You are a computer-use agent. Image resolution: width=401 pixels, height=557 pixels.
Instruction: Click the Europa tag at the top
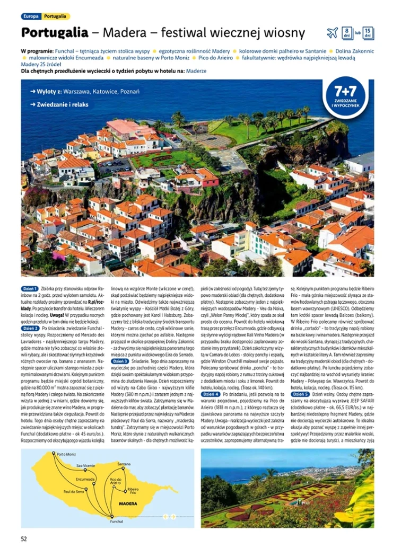30,16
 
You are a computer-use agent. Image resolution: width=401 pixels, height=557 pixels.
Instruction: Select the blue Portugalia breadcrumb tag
55,16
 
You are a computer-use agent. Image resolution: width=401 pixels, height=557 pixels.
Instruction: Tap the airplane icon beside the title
332,33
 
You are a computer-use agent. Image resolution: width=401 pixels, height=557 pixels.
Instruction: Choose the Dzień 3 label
119,361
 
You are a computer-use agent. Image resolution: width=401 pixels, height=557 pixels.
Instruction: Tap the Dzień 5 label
300,394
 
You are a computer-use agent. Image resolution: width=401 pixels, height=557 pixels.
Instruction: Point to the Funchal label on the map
117,521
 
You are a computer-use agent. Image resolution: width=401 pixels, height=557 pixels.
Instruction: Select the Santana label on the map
124,464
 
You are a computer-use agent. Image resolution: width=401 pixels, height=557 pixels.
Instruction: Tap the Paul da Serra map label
74,492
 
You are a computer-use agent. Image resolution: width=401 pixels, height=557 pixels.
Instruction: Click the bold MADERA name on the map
128,503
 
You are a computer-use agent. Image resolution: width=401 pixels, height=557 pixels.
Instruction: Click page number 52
24,539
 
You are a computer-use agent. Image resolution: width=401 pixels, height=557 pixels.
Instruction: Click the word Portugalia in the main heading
55,33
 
